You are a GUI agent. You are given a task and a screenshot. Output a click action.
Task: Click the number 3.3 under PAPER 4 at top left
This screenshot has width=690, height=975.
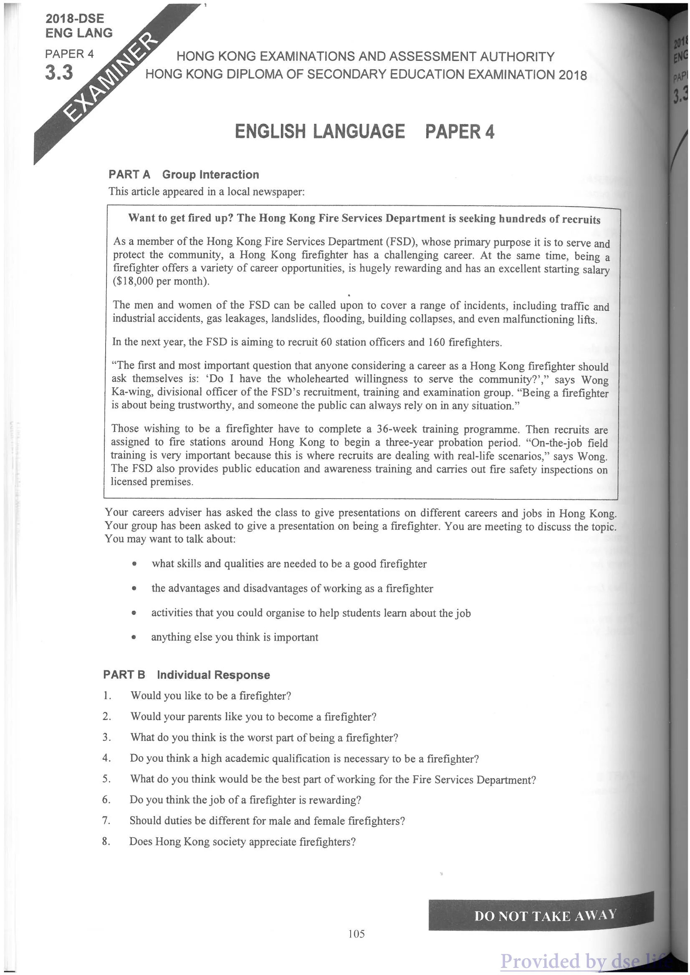click(59, 73)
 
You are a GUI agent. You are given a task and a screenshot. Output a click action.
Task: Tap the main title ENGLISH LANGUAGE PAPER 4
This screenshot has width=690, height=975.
click(364, 132)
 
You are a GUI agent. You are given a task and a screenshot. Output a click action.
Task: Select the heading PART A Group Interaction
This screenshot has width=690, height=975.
click(184, 174)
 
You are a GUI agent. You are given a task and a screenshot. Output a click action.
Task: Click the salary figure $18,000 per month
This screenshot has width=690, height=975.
click(161, 282)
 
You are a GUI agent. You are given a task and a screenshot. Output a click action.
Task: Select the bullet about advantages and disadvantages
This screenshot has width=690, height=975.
click(292, 588)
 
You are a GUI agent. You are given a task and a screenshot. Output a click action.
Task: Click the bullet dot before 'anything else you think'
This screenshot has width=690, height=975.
click(134, 637)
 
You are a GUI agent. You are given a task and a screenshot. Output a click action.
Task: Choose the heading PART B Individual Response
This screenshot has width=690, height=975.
click(187, 675)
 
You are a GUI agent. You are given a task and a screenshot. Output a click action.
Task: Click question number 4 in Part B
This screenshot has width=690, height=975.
click(106, 758)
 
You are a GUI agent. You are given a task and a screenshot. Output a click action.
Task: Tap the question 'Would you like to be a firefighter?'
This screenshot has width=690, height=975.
click(211, 695)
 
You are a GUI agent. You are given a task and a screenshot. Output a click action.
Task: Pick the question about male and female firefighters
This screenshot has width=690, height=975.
click(267, 820)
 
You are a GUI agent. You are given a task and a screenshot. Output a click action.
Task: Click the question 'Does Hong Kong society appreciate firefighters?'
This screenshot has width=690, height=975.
click(242, 841)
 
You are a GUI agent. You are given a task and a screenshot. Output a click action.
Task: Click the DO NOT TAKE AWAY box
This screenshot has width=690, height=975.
click(541, 915)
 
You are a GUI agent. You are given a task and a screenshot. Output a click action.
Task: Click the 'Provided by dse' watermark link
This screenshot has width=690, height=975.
click(582, 961)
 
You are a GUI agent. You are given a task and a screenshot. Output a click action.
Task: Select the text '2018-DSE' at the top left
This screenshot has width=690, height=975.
click(75, 18)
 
